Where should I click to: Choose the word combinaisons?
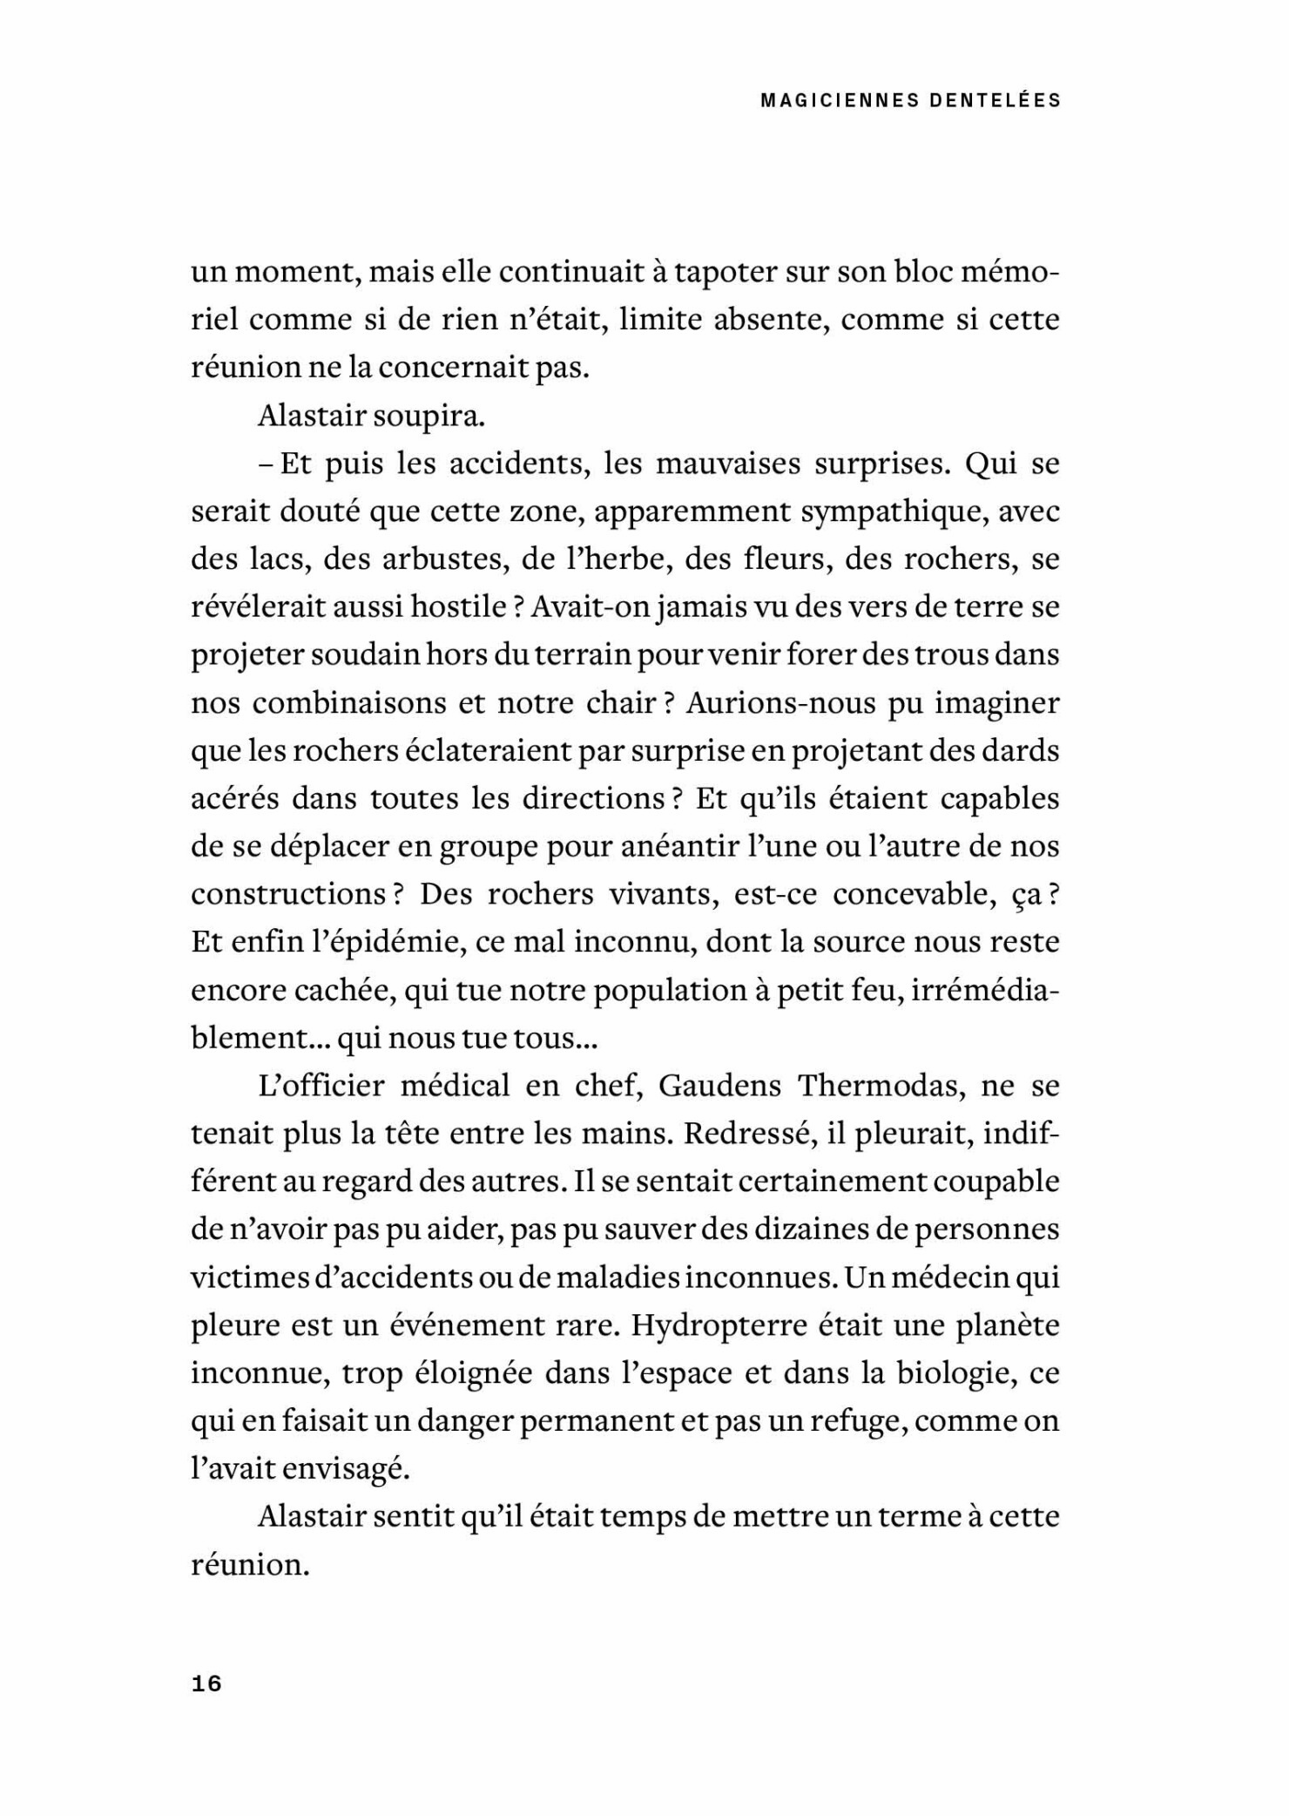[353, 702]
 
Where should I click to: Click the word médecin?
[957, 1277]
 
